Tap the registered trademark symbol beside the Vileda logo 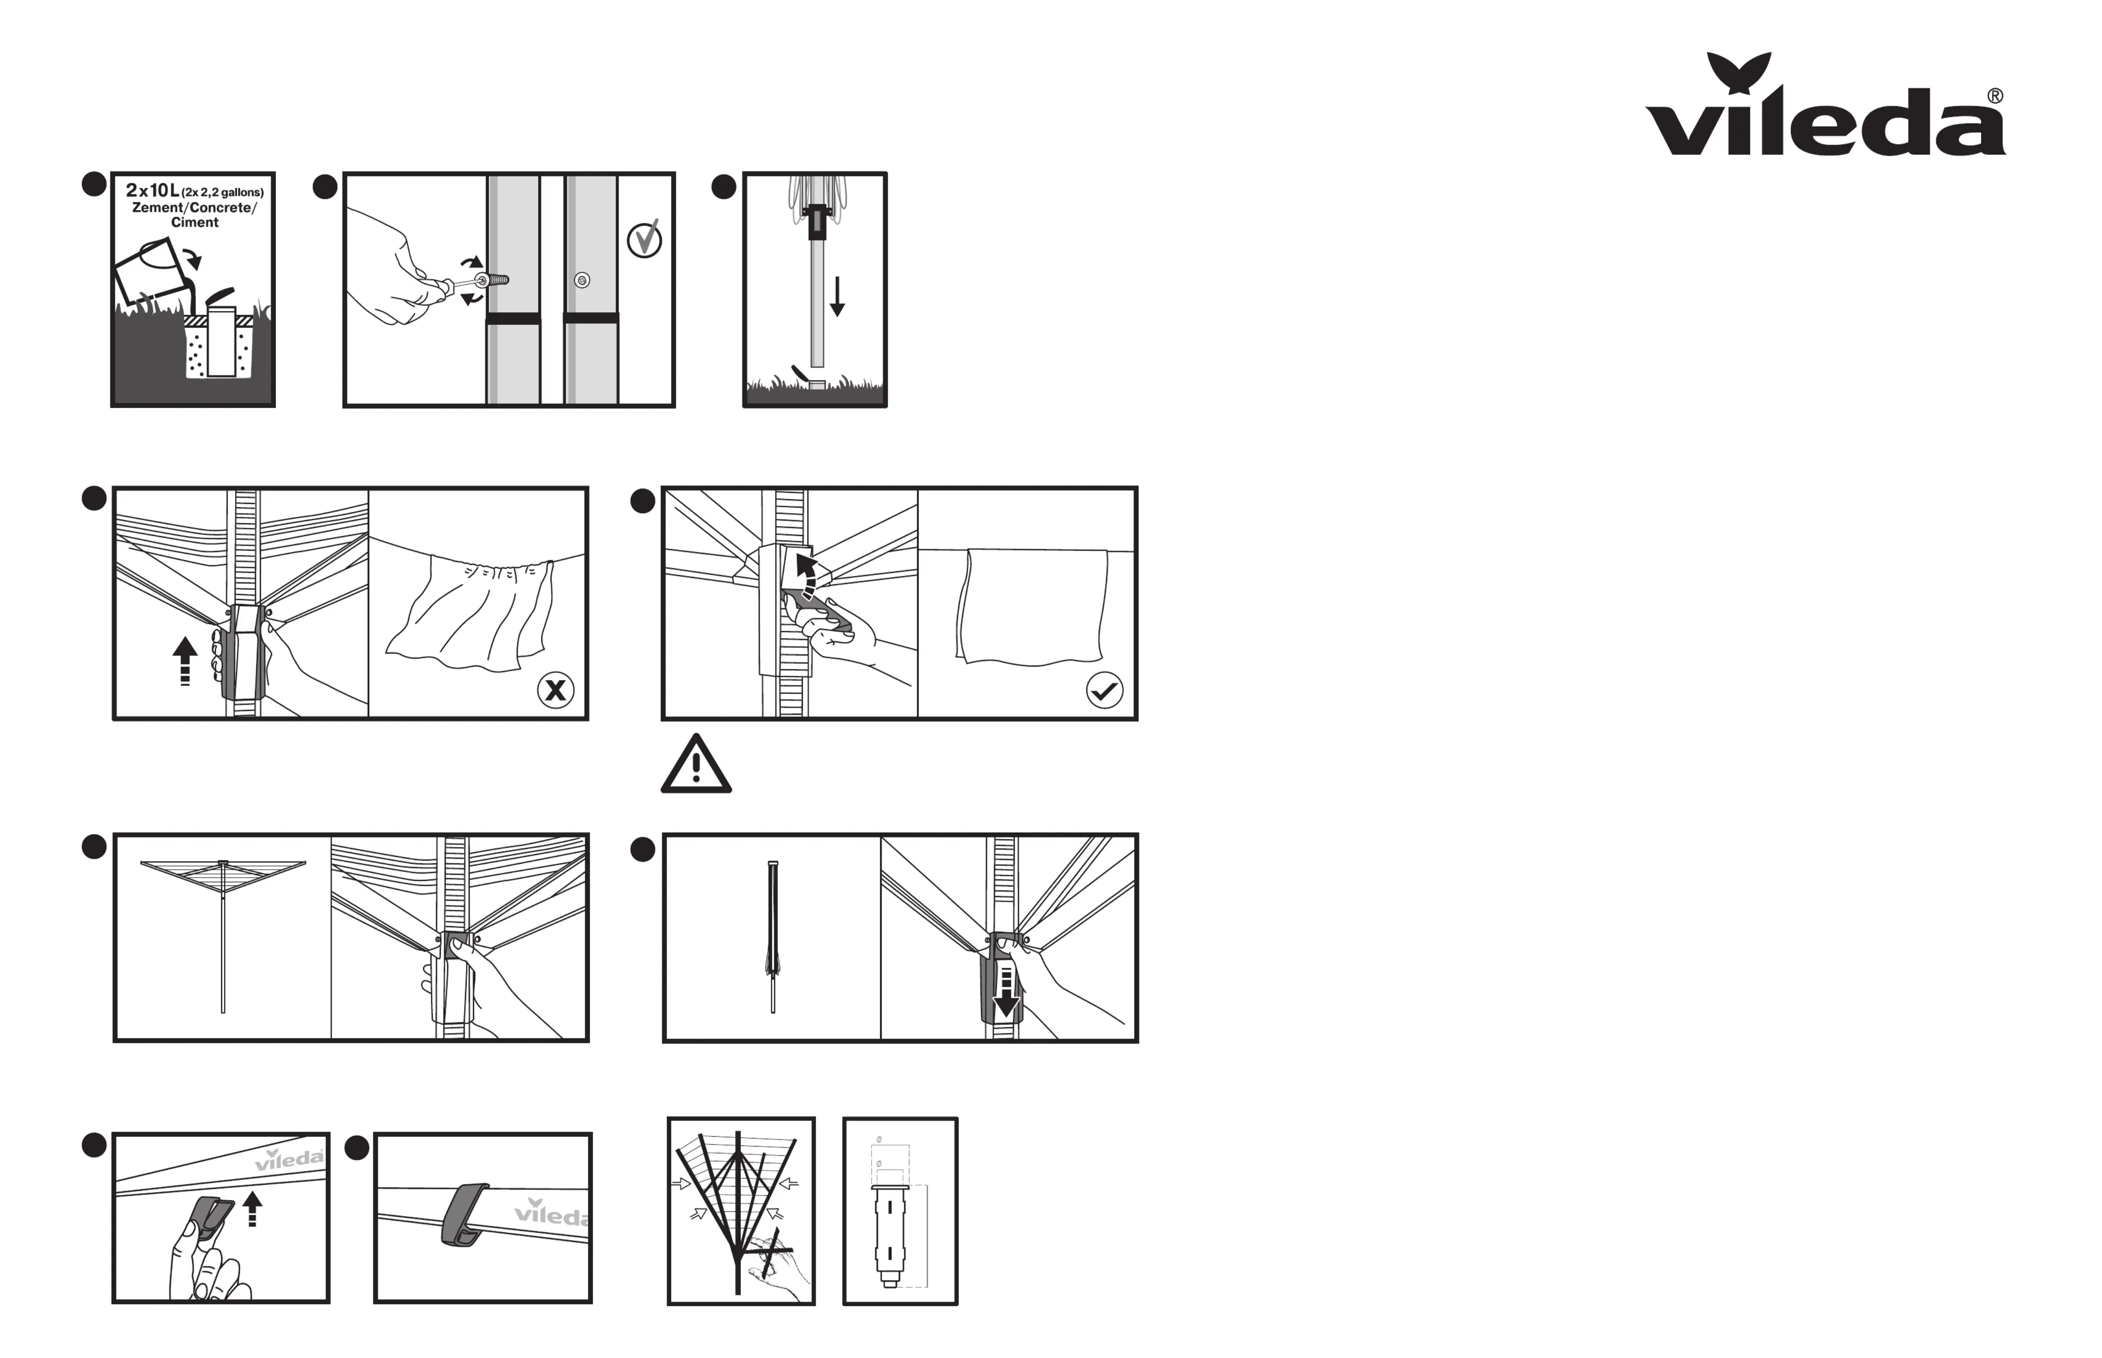pyautogui.click(x=1994, y=96)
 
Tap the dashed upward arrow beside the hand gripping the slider pyautogui.click(x=184, y=661)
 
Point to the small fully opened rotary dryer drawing pyautogui.click(x=223, y=935)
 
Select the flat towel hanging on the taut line pyautogui.click(x=1031, y=606)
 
